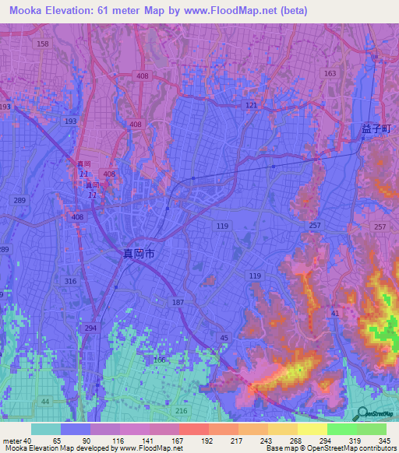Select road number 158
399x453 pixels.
tap(42, 44)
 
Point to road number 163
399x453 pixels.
tap(330, 73)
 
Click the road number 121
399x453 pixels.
tap(250, 104)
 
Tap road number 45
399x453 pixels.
tap(224, 337)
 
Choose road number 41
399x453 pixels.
tap(334, 312)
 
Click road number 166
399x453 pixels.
tap(159, 360)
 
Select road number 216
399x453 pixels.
tap(182, 410)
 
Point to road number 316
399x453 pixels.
tap(72, 281)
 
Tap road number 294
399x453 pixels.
tap(91, 328)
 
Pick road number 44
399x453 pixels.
tap(44, 401)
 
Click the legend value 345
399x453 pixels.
tap(385, 441)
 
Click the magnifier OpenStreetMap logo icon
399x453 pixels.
tap(362, 415)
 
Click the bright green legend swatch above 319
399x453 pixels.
tap(341, 429)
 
